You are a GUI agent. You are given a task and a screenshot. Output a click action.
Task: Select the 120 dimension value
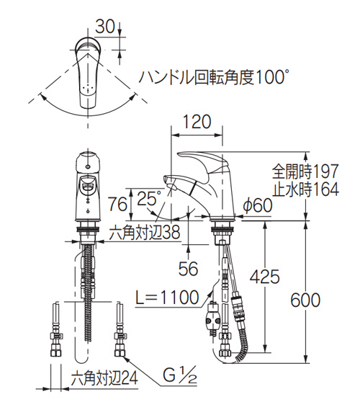(197, 122)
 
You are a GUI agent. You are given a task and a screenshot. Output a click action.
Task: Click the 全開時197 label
(305, 171)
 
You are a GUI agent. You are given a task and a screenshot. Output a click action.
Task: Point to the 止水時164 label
(305, 189)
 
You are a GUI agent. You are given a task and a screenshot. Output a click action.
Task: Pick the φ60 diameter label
(257, 205)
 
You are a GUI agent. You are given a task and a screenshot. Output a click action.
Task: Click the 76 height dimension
(118, 204)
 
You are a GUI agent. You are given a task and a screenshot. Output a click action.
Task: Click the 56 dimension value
(189, 268)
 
